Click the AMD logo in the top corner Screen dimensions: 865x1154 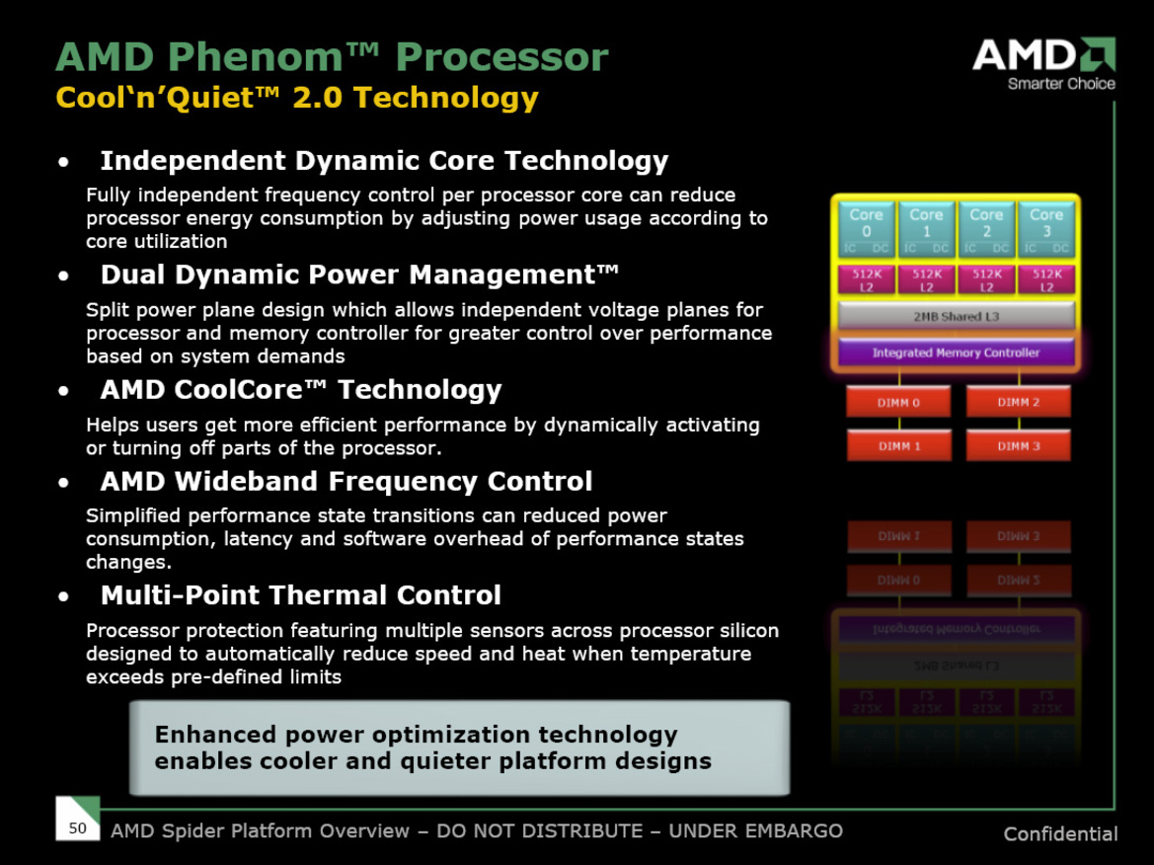tap(1042, 55)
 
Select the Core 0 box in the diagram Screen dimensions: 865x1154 tap(866, 229)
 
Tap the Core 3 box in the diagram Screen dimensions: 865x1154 tap(1045, 229)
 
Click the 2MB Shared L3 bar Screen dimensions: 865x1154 tap(956, 316)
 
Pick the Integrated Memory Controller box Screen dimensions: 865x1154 tap(956, 353)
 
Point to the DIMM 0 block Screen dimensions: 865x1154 tap(898, 402)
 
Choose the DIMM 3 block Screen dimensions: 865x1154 tap(1018, 446)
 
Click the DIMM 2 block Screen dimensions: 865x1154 tap(1018, 402)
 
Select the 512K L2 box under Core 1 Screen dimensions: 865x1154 tap(926, 280)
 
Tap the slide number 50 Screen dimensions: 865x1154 tap(77, 827)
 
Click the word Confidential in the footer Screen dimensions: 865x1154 tap(1060, 834)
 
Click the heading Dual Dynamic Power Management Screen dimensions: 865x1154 tap(359, 274)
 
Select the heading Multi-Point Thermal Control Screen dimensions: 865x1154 tap(300, 595)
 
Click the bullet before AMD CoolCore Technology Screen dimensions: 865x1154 tap(64, 392)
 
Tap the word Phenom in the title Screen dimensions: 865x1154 tap(260, 57)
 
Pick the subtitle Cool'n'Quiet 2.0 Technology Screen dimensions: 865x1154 tap(297, 98)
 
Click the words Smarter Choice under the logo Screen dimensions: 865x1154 tap(1061, 84)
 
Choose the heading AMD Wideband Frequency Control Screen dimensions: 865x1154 tap(346, 482)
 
